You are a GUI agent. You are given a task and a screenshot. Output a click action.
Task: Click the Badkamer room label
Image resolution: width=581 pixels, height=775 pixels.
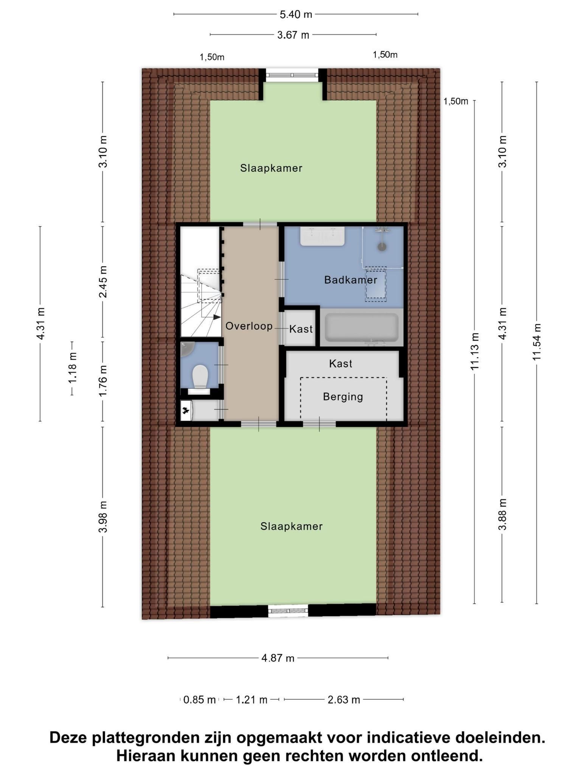pyautogui.click(x=351, y=280)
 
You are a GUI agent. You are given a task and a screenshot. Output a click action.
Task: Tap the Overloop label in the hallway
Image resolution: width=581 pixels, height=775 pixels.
pyautogui.click(x=249, y=326)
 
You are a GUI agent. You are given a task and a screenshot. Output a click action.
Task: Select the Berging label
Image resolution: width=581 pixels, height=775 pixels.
pyautogui.click(x=343, y=397)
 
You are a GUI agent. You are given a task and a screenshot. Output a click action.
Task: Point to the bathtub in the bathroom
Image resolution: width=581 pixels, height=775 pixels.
pyautogui.click(x=362, y=327)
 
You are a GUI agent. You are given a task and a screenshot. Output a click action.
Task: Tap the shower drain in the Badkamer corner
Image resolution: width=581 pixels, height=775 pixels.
pyautogui.click(x=382, y=247)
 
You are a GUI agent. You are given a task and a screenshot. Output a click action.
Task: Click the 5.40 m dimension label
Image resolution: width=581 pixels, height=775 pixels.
pyautogui.click(x=296, y=14)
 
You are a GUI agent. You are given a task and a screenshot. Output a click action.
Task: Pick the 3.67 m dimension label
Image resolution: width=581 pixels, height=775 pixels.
pyautogui.click(x=293, y=35)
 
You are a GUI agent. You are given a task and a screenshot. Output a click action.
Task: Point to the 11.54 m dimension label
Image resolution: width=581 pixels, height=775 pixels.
pyautogui.click(x=536, y=342)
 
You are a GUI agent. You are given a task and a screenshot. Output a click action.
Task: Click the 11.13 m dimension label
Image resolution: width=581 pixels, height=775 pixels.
pyautogui.click(x=475, y=351)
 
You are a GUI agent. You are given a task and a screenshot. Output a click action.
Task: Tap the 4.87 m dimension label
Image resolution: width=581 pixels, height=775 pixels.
pyautogui.click(x=278, y=658)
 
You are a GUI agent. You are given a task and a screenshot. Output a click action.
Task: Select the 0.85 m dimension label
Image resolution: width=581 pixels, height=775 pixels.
pyautogui.click(x=199, y=700)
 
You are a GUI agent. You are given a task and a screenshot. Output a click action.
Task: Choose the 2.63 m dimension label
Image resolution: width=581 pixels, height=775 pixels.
pyautogui.click(x=344, y=700)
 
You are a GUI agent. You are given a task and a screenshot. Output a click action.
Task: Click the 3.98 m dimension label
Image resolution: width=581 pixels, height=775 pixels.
pyautogui.click(x=103, y=517)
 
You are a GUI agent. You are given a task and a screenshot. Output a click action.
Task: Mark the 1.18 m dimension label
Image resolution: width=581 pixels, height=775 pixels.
pyautogui.click(x=72, y=367)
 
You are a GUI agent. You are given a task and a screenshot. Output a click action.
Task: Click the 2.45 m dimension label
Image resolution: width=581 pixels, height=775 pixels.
pyautogui.click(x=103, y=282)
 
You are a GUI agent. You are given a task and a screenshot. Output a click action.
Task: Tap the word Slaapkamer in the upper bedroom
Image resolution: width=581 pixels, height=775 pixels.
pyautogui.click(x=271, y=168)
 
